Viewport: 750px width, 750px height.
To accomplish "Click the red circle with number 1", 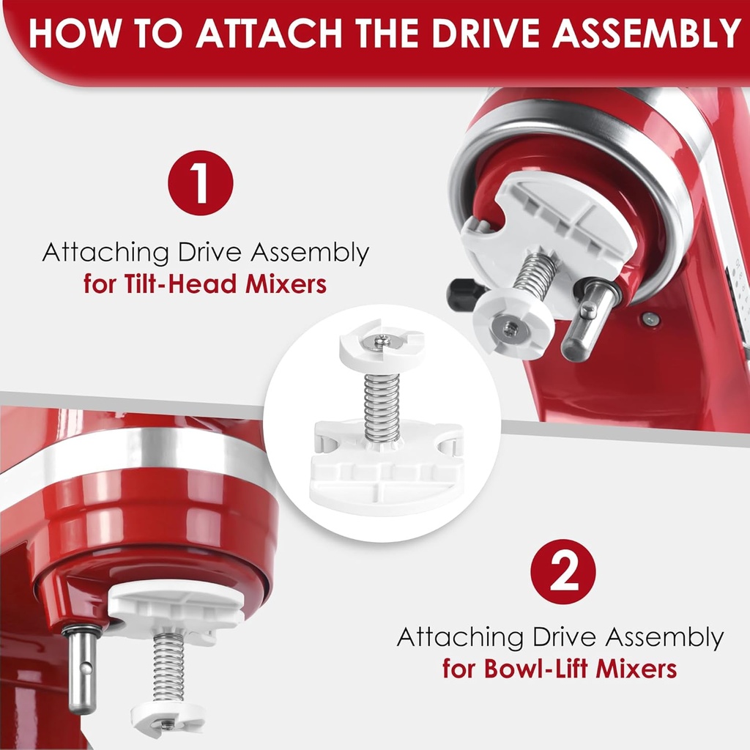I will [x=200, y=183].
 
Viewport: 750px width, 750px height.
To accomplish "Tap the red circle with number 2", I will [x=562, y=572].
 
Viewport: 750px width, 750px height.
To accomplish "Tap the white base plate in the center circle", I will [x=387, y=480].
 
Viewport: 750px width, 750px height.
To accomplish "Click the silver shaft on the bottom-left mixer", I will [x=83, y=669].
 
